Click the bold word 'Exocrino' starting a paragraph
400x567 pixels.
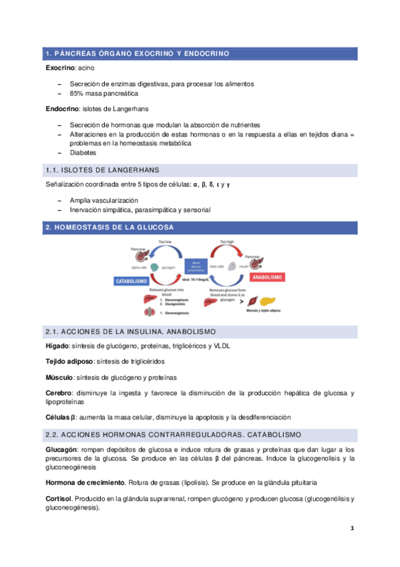tap(59, 68)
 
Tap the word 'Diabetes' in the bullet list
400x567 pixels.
tap(83, 152)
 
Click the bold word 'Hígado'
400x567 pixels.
tap(56, 346)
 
